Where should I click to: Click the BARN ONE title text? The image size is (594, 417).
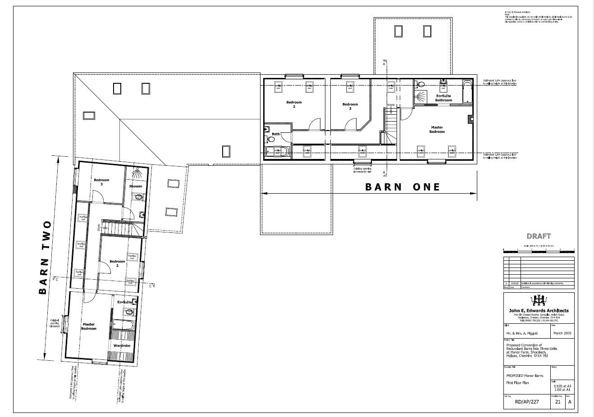tap(402, 187)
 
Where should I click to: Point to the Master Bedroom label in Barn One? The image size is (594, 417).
tap(437, 130)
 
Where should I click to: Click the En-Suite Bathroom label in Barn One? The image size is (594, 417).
tap(443, 98)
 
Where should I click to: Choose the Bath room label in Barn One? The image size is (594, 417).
tap(275, 134)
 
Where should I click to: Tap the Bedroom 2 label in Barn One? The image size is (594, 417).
tap(294, 104)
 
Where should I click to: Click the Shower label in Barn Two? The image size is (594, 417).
tap(136, 186)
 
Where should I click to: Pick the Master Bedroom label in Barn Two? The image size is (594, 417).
tap(88, 326)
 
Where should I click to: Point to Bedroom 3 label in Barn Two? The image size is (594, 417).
tap(101, 182)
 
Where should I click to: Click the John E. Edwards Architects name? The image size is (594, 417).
tap(539, 310)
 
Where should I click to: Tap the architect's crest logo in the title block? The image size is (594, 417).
tap(539, 299)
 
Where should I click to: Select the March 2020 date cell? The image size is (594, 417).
tap(562, 333)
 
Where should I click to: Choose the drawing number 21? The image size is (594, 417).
tap(557, 403)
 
